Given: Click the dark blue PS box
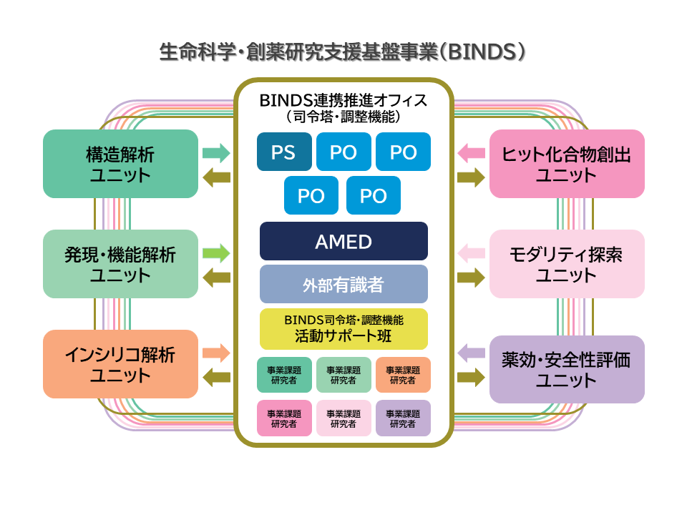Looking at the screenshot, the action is point(284,152).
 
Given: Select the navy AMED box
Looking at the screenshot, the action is point(343,241).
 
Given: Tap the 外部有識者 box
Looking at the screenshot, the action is point(343,284).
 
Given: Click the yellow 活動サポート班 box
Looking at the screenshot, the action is point(343,329).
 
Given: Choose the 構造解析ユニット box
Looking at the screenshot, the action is point(120,164).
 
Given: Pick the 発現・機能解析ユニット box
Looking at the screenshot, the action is point(120,264).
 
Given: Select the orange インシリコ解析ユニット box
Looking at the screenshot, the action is point(120,364).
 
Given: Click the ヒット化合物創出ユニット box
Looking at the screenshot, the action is point(567,164).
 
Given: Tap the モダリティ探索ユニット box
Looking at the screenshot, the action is point(567,264).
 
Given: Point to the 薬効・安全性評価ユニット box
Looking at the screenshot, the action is point(567,370).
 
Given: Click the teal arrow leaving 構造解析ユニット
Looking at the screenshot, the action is point(216,153).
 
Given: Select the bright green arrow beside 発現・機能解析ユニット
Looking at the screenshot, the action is point(216,253).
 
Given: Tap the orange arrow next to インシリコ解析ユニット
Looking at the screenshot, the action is point(216,353).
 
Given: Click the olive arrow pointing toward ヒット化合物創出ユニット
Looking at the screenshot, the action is point(471,177).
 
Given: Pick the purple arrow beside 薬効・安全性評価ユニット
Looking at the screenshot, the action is point(471,353).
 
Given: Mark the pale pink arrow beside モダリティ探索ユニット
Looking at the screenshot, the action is point(471,253).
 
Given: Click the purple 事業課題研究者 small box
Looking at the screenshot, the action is point(403,418).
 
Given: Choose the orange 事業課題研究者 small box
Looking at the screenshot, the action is point(403,375).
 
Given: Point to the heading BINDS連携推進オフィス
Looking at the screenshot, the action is point(343,100).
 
